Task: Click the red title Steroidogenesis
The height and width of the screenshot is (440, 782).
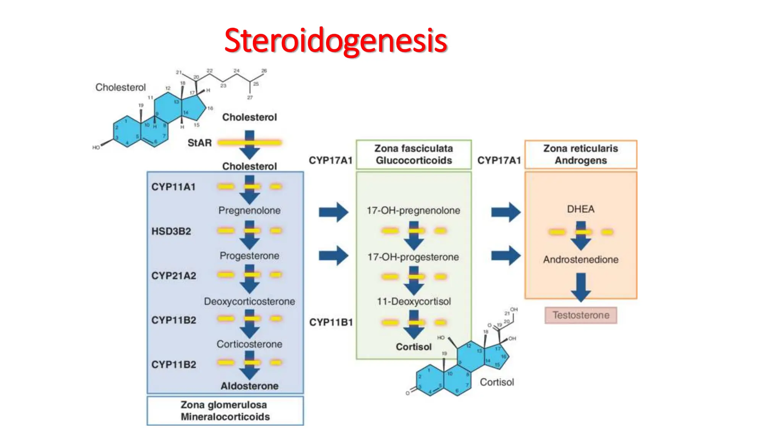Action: (335, 41)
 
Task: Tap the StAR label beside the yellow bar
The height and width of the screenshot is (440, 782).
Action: (199, 143)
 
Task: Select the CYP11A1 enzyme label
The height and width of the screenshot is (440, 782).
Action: (173, 187)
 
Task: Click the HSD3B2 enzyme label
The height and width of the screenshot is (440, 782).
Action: (171, 231)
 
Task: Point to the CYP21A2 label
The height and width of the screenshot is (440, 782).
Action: (174, 275)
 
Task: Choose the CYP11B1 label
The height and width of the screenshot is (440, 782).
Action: (331, 322)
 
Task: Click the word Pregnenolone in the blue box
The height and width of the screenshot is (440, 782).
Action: (249, 210)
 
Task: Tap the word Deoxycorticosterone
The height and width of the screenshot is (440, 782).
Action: (249, 301)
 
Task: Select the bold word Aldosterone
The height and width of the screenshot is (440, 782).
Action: (249, 386)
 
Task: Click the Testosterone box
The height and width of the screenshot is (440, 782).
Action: (581, 315)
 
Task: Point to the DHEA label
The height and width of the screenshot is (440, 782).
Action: (580, 209)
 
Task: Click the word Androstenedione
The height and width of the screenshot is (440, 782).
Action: (581, 260)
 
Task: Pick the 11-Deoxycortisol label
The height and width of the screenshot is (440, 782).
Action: (414, 301)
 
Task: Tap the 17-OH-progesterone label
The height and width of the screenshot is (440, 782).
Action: (413, 257)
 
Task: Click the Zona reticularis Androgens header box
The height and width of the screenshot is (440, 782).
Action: (580, 154)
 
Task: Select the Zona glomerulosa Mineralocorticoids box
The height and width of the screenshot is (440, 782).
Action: (225, 411)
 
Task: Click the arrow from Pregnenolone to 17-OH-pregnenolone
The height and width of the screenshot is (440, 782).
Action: (333, 212)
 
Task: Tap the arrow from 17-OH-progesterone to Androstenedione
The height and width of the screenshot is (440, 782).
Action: (506, 255)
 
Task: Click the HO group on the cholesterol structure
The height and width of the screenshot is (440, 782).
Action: (96, 147)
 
